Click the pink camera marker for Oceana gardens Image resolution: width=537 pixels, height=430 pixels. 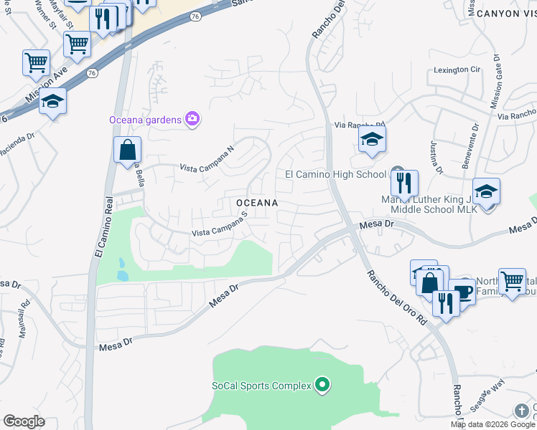192,119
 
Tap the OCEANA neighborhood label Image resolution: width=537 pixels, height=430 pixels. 257,204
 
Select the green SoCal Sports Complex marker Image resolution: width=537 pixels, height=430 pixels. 322,386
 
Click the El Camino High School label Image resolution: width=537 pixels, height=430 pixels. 335,174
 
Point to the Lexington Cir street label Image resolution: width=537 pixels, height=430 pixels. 456,70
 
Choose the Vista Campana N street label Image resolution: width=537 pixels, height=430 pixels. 207,159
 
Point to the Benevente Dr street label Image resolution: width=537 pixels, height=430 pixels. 470,149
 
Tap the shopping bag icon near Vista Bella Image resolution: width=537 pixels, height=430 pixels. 127,150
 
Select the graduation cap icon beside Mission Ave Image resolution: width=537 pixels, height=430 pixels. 53,102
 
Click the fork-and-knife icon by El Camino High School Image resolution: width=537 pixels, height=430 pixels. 405,184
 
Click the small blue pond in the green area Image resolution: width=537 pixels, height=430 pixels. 122,269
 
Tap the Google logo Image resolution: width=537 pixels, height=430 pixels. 24,421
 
